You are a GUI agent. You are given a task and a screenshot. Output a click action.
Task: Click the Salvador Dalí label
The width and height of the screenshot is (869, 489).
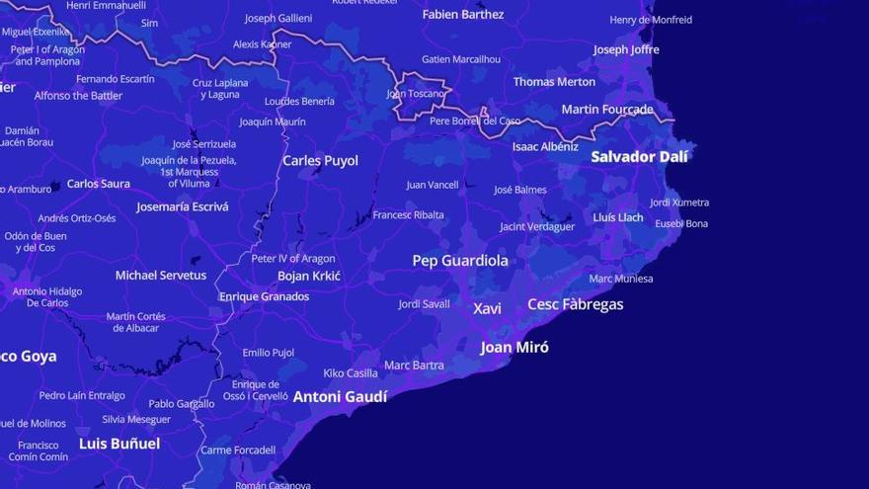(x=639, y=156)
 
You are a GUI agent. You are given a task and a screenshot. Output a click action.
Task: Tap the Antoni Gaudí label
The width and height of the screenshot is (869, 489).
(x=340, y=396)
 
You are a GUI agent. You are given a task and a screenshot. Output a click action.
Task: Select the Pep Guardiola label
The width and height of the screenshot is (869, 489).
(x=460, y=261)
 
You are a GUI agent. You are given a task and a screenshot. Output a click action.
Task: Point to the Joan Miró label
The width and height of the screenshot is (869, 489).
(x=514, y=347)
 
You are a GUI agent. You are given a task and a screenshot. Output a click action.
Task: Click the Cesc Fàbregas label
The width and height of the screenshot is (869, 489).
(x=576, y=304)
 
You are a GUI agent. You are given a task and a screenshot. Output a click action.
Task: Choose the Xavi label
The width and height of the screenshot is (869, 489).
(x=487, y=308)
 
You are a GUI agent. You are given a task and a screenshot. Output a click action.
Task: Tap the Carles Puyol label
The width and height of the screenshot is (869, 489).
(x=320, y=160)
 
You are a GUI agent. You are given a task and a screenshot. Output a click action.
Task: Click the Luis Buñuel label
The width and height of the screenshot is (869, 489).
(x=119, y=444)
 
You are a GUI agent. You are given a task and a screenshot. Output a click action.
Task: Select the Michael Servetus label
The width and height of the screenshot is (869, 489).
(x=161, y=275)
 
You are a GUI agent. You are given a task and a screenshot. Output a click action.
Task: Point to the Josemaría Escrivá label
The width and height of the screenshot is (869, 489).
(x=182, y=206)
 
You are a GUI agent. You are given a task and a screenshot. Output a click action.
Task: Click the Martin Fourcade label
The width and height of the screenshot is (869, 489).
(x=607, y=109)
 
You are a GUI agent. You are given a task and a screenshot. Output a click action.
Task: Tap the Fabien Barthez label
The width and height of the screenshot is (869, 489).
(x=463, y=14)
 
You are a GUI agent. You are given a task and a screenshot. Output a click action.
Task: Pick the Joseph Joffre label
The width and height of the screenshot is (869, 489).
(x=626, y=49)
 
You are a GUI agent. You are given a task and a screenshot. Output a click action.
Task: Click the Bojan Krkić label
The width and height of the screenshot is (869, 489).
(x=309, y=276)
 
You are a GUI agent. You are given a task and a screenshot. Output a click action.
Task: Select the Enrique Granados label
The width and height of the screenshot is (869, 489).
(x=264, y=296)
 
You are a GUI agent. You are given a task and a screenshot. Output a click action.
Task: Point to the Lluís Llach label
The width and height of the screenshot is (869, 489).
(x=618, y=217)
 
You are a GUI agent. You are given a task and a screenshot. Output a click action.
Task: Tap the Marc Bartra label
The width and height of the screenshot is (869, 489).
(x=414, y=366)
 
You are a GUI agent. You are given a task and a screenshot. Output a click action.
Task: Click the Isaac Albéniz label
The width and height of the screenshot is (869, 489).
(x=545, y=146)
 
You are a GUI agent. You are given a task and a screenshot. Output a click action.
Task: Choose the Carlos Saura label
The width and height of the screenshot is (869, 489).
(x=98, y=184)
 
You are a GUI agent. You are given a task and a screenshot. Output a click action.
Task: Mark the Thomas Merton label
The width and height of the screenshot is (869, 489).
(x=554, y=82)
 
